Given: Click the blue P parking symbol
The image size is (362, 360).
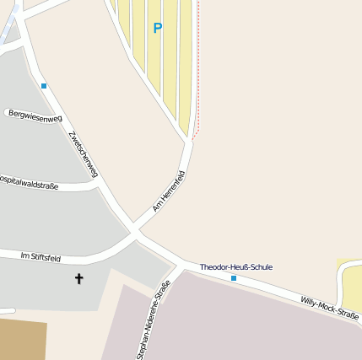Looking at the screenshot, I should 157,28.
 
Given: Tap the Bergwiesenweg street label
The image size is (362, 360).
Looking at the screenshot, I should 35,116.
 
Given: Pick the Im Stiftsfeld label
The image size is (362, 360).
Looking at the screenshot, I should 41,255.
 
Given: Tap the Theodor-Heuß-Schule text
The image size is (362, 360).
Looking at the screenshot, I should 235,267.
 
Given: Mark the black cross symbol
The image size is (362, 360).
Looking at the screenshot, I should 79,277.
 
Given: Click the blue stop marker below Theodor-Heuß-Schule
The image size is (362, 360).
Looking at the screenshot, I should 234,277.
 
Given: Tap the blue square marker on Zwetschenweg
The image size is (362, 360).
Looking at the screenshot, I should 44,85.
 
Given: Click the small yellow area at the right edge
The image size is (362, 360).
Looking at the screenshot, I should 353,282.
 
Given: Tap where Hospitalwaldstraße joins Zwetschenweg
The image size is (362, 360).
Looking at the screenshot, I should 100,185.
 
